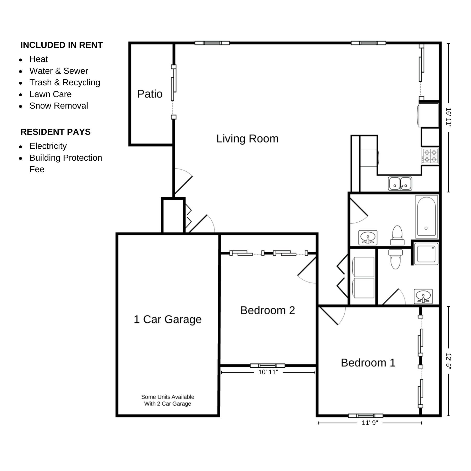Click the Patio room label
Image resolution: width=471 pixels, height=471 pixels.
[x=150, y=94]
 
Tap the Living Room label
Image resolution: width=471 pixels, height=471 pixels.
[x=247, y=139]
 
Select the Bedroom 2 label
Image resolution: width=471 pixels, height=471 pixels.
[x=268, y=310]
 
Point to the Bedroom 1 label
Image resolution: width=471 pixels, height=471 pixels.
[x=368, y=363]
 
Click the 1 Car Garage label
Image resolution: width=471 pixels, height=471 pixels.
[x=168, y=319]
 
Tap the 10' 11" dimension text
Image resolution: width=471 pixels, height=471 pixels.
[x=268, y=372]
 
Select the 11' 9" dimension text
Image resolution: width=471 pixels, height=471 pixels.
[x=370, y=423]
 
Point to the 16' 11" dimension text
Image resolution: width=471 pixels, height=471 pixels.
[x=448, y=117]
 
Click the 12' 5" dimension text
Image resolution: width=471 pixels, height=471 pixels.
[x=448, y=361]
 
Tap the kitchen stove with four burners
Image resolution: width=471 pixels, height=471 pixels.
[x=430, y=156]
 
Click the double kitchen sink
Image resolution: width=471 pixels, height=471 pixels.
[x=400, y=183]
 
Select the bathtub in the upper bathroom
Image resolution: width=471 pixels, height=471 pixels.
[x=427, y=217]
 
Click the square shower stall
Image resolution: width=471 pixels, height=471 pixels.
[x=426, y=254]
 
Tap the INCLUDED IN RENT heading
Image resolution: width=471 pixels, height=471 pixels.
[x=61, y=45]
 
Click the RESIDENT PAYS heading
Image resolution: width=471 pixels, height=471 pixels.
[x=55, y=132]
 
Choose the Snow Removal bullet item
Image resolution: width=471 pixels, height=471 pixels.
[x=59, y=106]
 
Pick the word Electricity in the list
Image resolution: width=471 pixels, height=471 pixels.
[x=48, y=146]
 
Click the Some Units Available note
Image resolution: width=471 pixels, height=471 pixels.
[x=168, y=400]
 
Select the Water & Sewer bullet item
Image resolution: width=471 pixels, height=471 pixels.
[x=59, y=71]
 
